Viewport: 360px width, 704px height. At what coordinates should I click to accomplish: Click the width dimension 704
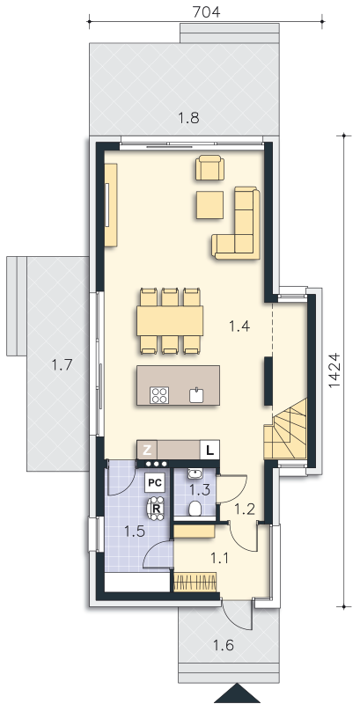point(207,12)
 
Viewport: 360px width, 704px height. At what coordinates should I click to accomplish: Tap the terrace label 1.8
point(188,118)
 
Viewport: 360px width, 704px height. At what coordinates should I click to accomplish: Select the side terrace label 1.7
point(62,364)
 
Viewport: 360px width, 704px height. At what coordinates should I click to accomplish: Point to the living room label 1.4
point(239,326)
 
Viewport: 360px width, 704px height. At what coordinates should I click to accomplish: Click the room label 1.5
point(134,532)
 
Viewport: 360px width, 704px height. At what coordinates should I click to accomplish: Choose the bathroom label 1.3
point(200,489)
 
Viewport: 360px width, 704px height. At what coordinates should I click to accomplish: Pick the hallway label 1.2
point(245,509)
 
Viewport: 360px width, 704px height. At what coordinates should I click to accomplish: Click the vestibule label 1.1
point(220,558)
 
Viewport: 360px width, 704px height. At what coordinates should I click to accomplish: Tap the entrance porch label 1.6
point(224,646)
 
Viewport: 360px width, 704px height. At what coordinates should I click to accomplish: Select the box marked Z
point(147,450)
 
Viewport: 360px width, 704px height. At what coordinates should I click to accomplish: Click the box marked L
point(209,450)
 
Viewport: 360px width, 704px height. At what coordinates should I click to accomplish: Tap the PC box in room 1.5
point(155,483)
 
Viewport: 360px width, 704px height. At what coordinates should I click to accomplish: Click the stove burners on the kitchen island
point(160,395)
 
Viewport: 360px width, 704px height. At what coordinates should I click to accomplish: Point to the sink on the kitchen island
point(196,395)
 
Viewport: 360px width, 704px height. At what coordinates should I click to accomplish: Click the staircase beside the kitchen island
point(285,429)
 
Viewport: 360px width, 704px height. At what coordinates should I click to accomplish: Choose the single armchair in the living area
point(209,167)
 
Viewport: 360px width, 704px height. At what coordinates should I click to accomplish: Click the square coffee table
point(209,205)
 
